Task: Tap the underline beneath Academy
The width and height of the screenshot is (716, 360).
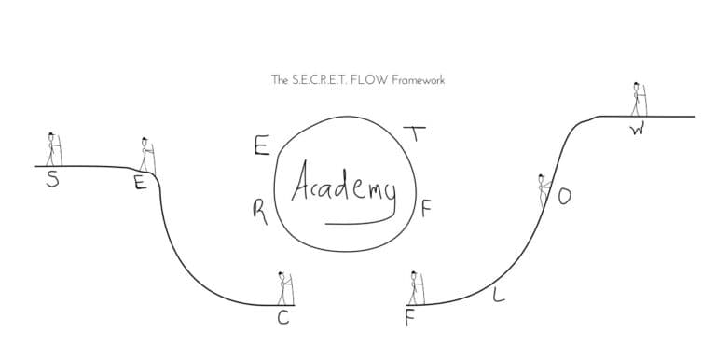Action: click(x=357, y=222)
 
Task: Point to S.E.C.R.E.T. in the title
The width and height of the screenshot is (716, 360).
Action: click(x=323, y=80)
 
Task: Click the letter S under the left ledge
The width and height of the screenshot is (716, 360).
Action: click(x=53, y=181)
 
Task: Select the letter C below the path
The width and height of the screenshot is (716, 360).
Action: click(x=283, y=320)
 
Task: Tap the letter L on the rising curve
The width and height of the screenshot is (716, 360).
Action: click(x=498, y=298)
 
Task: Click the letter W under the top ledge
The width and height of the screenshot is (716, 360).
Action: click(x=637, y=130)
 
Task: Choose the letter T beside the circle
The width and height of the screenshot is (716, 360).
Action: click(x=418, y=132)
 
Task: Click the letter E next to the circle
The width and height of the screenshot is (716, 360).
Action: click(x=262, y=146)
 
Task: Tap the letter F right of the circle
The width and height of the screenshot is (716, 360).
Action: click(x=426, y=209)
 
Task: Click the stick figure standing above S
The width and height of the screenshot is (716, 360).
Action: click(x=53, y=149)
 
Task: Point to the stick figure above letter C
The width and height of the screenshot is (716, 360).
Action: click(x=284, y=288)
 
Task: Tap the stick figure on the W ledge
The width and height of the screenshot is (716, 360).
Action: click(x=639, y=98)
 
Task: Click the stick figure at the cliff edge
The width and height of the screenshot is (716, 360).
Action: click(x=146, y=155)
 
